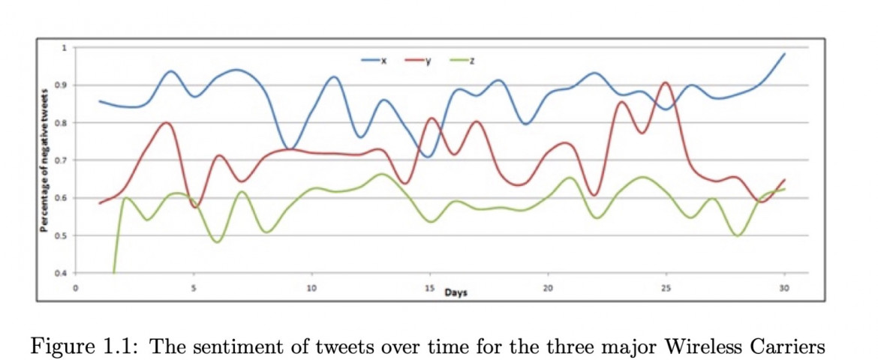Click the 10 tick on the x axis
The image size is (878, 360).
pos(311,288)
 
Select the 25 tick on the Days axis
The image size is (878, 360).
pos(666,288)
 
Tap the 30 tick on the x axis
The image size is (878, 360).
pos(784,288)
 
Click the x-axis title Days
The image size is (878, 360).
pos(456,292)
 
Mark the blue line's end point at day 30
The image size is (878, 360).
pos(784,54)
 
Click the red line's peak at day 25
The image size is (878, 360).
pos(666,82)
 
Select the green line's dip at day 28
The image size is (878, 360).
pos(738,235)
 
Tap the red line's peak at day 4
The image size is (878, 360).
pos(167,122)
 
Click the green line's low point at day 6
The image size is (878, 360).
pos(217,241)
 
